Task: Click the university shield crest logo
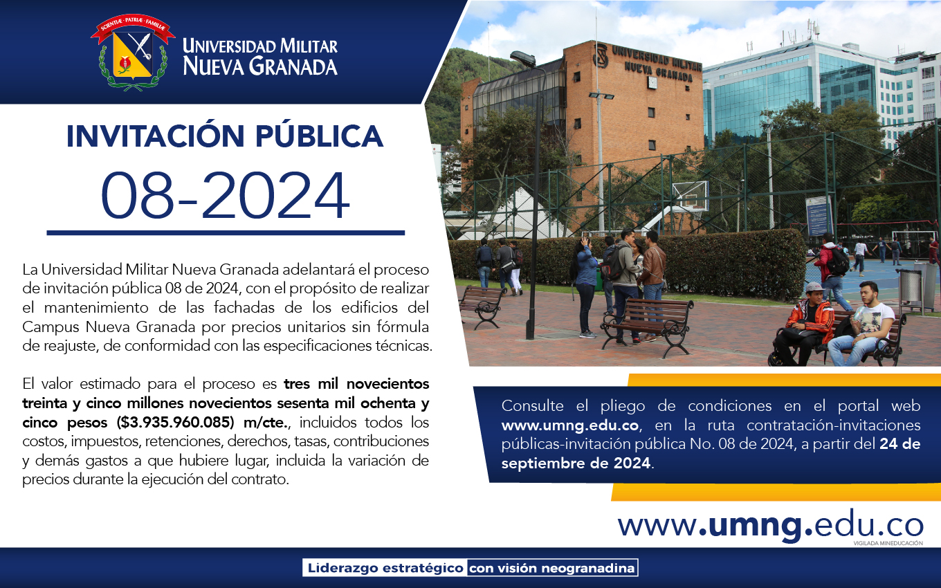[x=133, y=53]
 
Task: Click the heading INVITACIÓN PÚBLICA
[x=225, y=136]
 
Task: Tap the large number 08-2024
[x=225, y=196]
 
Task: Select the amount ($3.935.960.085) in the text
[x=175, y=422]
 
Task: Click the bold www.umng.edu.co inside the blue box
[x=570, y=425]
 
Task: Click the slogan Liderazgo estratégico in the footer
[x=385, y=568]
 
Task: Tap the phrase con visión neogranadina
[x=551, y=568]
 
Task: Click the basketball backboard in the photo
[x=691, y=195]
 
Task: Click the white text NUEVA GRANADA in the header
[x=260, y=66]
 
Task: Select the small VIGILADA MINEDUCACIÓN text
[x=888, y=544]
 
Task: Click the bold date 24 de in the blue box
[x=899, y=444]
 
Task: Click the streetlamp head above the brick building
[x=523, y=59]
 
